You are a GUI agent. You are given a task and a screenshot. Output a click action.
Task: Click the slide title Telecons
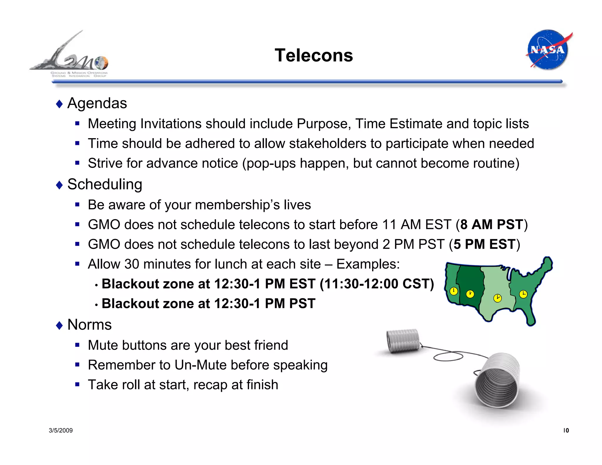(x=314, y=55)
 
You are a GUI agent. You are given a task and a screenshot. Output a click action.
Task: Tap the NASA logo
(x=548, y=49)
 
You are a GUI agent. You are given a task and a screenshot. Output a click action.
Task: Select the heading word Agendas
(x=97, y=103)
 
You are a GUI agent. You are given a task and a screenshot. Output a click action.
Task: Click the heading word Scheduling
(x=105, y=184)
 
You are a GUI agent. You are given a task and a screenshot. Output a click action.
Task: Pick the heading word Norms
(x=89, y=325)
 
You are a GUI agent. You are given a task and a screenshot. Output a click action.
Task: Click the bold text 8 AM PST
(x=491, y=225)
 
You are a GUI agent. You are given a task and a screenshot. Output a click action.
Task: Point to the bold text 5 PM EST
(x=484, y=244)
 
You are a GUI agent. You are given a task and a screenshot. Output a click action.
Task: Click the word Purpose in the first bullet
(x=323, y=124)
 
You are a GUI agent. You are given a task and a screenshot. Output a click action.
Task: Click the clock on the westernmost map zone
(x=454, y=291)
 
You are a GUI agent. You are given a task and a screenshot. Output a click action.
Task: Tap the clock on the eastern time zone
(x=523, y=294)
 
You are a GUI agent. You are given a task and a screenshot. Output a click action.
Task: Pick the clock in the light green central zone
(x=497, y=298)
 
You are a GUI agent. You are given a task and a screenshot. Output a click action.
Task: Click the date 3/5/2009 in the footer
(x=61, y=431)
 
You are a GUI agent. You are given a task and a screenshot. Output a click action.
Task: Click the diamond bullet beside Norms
(x=59, y=325)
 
